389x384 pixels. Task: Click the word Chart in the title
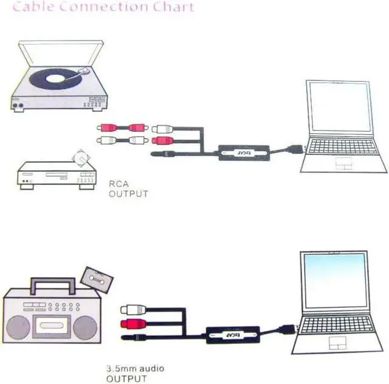pyautogui.click(x=174, y=8)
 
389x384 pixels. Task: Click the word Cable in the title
pyautogui.click(x=33, y=8)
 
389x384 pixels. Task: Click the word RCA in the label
pyautogui.click(x=118, y=184)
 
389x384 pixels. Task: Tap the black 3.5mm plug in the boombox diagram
pyautogui.click(x=135, y=335)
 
